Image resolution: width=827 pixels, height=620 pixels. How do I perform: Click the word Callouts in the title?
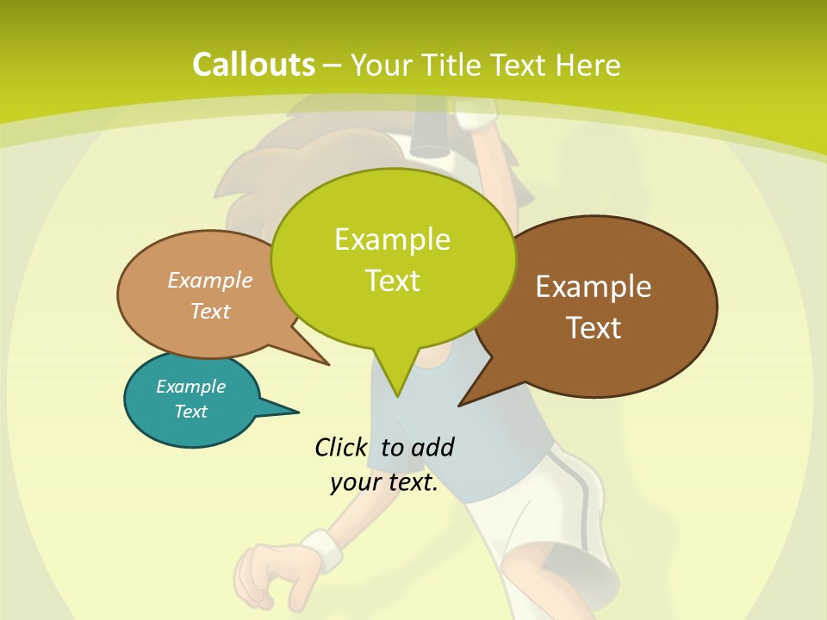[x=253, y=65]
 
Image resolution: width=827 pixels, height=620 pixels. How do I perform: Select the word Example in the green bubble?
[x=392, y=239]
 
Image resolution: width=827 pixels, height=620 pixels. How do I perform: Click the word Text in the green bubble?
[x=392, y=280]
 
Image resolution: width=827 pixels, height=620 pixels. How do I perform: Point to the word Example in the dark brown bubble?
[x=594, y=287]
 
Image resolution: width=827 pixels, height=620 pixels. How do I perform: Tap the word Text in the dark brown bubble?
[x=594, y=328]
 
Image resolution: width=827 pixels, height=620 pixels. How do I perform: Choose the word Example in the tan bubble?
[x=210, y=280]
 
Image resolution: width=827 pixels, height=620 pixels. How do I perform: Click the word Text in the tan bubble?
[x=210, y=311]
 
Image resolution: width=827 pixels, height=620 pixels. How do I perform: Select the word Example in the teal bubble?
[x=190, y=387]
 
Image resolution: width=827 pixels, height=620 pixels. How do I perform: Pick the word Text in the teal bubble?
[x=190, y=412]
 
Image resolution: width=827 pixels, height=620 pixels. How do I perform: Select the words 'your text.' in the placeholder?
[x=384, y=482]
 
